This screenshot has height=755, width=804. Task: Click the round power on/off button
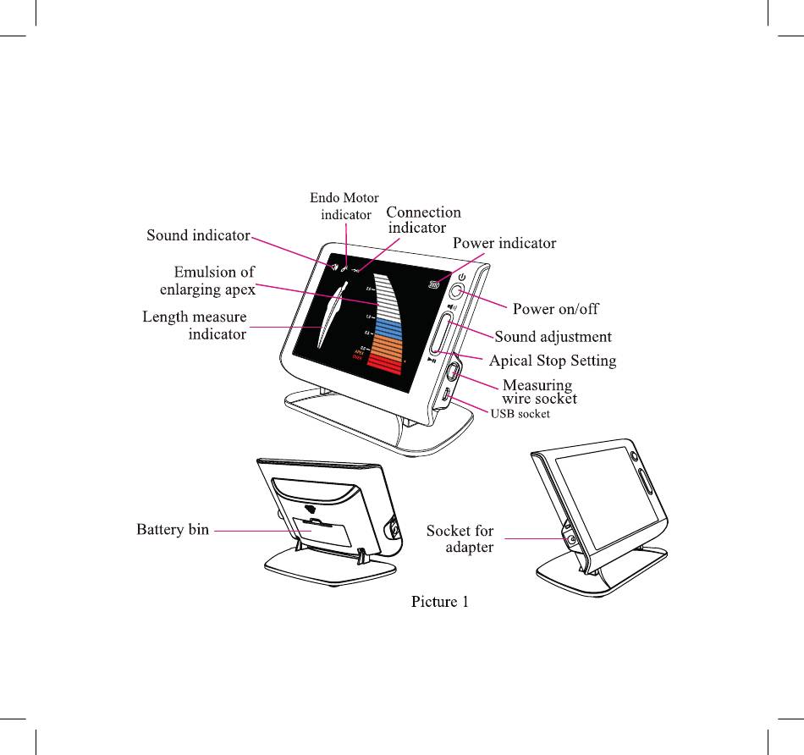pyautogui.click(x=455, y=292)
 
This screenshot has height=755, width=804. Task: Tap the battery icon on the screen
pyautogui.click(x=435, y=286)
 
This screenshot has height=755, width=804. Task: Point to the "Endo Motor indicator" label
pyautogui.click(x=344, y=207)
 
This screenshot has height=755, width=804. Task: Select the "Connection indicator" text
pyautogui.click(x=423, y=220)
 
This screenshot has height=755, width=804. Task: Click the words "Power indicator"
pyautogui.click(x=504, y=244)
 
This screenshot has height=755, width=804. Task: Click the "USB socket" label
pyautogui.click(x=520, y=414)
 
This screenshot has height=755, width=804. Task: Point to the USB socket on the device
pyautogui.click(x=446, y=394)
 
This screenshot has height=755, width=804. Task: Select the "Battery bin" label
pyautogui.click(x=173, y=531)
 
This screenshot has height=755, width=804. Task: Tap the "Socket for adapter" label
pyautogui.click(x=460, y=539)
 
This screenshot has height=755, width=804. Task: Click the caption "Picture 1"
pyautogui.click(x=439, y=602)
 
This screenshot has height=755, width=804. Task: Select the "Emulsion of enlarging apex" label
pyautogui.click(x=208, y=280)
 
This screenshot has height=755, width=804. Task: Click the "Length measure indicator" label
pyautogui.click(x=195, y=325)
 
